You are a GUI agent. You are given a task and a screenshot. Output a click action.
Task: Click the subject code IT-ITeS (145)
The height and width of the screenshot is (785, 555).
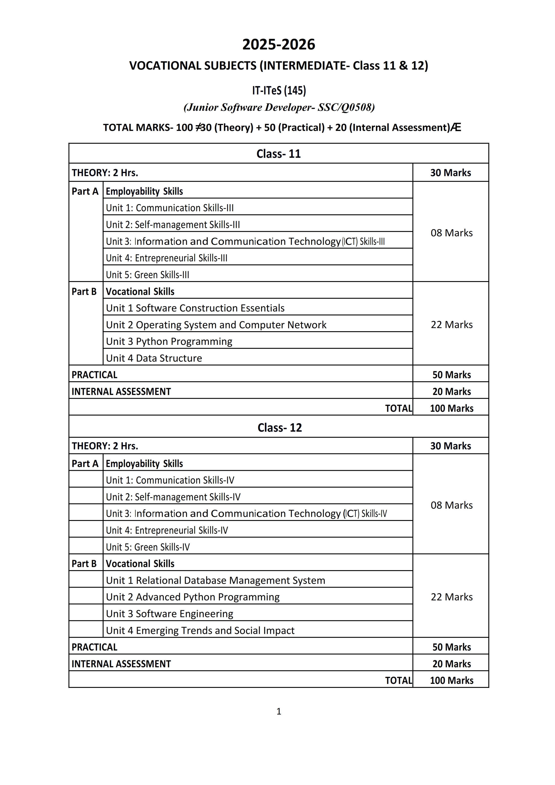pyautogui.click(x=279, y=91)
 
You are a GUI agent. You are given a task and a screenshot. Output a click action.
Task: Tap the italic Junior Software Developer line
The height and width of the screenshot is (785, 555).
pyautogui.click(x=279, y=107)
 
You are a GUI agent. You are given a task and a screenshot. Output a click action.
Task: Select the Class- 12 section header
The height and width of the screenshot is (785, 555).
pyautogui.click(x=280, y=428)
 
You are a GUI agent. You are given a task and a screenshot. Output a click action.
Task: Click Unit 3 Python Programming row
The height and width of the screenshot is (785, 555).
pyautogui.click(x=169, y=341)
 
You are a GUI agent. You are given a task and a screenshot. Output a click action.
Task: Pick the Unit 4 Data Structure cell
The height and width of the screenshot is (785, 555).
pyautogui.click(x=154, y=358)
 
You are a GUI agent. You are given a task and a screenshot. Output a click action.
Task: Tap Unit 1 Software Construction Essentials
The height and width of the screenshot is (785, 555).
pyautogui.click(x=195, y=308)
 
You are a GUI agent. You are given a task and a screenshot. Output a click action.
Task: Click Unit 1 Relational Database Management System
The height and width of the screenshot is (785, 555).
pyautogui.click(x=215, y=580)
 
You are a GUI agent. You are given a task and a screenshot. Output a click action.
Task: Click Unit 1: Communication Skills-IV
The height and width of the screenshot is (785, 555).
pyautogui.click(x=170, y=480)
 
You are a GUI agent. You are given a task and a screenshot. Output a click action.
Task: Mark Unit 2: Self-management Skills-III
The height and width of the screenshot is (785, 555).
pyautogui.click(x=173, y=225)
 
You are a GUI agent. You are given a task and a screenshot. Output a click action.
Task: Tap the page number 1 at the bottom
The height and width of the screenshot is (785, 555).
pyautogui.click(x=279, y=711)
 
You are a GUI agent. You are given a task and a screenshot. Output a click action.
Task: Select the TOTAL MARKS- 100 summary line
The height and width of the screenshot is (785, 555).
pyautogui.click(x=282, y=128)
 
